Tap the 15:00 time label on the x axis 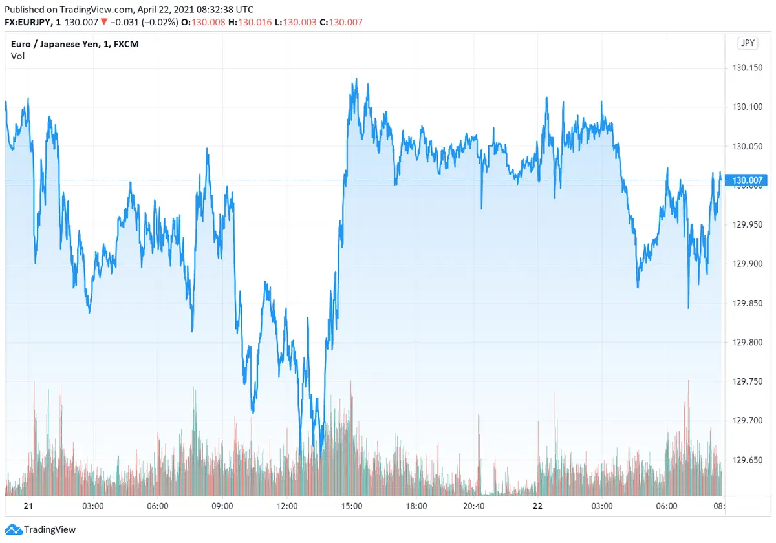pyautogui.click(x=351, y=506)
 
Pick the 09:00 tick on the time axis pyautogui.click(x=222, y=506)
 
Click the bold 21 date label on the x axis pyautogui.click(x=28, y=506)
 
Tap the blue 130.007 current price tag pyautogui.click(x=748, y=180)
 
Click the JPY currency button pyautogui.click(x=748, y=43)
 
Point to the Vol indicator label pyautogui.click(x=18, y=56)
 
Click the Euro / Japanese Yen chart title pyautogui.click(x=74, y=44)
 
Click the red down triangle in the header pyautogui.click(x=103, y=22)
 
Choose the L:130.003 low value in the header pyautogui.click(x=295, y=22)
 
